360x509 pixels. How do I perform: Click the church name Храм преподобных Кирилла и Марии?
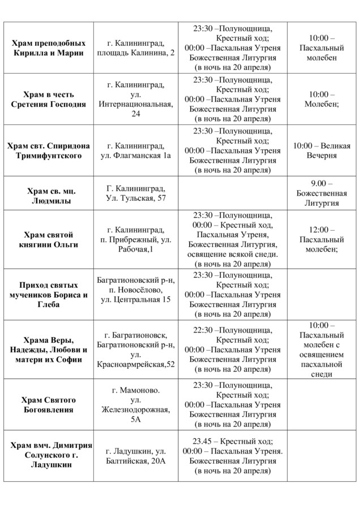(x=49, y=48)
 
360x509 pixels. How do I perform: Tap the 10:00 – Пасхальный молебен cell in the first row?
(x=323, y=48)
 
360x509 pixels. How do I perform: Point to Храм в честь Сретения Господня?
(x=49, y=99)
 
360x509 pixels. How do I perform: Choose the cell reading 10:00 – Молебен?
(x=323, y=99)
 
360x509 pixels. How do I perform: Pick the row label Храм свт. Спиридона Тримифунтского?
(x=49, y=150)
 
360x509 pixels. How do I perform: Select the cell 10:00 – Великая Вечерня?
(x=323, y=150)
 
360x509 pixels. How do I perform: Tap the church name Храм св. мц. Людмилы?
(x=49, y=193)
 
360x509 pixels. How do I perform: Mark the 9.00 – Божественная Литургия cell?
(x=323, y=193)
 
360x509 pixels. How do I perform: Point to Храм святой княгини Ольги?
(x=49, y=239)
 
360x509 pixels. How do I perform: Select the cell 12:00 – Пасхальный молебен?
(x=323, y=239)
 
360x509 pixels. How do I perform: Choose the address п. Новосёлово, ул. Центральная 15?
(x=135, y=295)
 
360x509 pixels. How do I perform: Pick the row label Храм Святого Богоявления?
(x=49, y=405)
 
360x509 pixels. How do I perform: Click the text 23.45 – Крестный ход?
(x=233, y=441)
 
